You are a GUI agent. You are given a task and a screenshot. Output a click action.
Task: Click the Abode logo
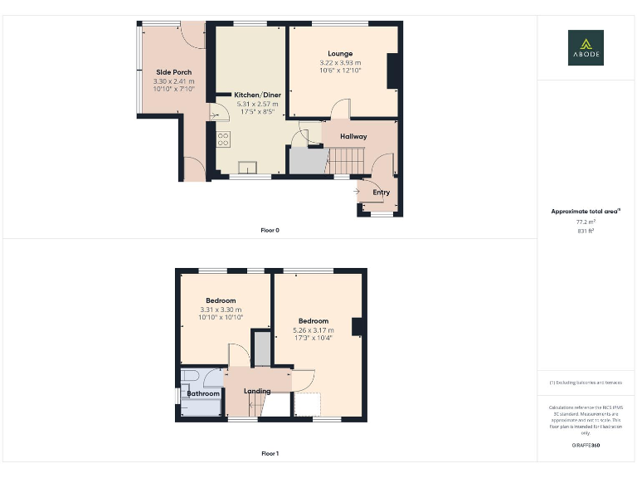[x=586, y=47]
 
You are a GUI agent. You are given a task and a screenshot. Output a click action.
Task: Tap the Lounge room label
[x=340, y=54]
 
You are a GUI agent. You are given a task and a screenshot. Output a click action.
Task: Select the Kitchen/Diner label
[x=258, y=95]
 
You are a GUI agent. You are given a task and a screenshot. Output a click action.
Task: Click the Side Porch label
[x=173, y=72]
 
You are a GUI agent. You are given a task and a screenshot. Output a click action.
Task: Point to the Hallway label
[x=353, y=136]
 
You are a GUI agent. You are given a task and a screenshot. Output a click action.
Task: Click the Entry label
[x=381, y=193]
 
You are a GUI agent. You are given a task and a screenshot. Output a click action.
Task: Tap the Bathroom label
[x=203, y=393]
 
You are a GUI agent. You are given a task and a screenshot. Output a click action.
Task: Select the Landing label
[x=257, y=391]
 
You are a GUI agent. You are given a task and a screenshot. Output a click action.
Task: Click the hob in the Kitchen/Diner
[x=222, y=139]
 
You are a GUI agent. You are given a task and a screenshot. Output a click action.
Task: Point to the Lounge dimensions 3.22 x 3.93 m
[x=340, y=63]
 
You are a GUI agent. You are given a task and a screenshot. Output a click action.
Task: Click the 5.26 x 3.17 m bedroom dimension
[x=314, y=330]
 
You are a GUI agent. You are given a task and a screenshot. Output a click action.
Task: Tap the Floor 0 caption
[x=270, y=230]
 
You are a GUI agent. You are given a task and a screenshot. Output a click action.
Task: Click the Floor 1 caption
[x=270, y=454]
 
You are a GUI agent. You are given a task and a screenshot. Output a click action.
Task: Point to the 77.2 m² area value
[x=586, y=222]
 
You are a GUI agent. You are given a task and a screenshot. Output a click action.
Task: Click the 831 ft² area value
[x=586, y=232]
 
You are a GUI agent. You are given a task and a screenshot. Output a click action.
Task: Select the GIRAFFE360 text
[x=586, y=446]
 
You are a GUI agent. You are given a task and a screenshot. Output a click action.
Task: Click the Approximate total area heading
[x=586, y=212]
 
